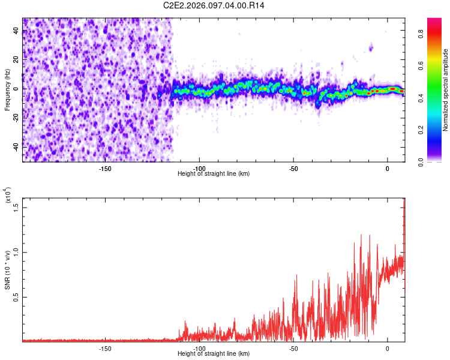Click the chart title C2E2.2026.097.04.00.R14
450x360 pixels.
(214, 5)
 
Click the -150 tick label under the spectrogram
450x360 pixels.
(104, 168)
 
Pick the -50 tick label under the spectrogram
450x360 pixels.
(293, 168)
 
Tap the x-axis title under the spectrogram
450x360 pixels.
(214, 174)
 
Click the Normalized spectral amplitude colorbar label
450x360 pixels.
(445, 90)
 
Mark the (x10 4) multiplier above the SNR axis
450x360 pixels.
(8, 196)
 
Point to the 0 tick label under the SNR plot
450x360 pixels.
(388, 349)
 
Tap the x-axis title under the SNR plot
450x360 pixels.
(214, 355)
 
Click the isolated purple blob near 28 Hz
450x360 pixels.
(371, 47)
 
